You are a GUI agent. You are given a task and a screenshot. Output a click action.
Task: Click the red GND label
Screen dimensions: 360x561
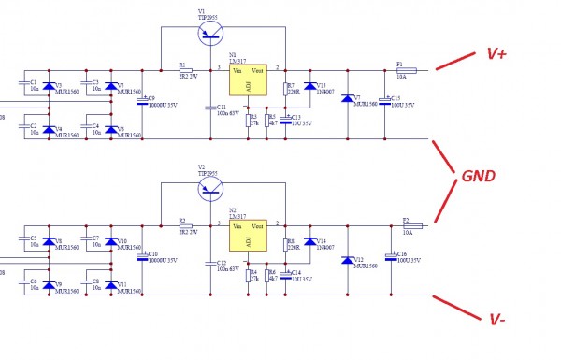[x=478, y=176]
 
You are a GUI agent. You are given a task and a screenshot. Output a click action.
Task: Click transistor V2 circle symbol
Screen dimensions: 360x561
[x=212, y=189]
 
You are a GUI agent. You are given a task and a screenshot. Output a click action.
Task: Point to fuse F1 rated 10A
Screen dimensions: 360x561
[x=410, y=70]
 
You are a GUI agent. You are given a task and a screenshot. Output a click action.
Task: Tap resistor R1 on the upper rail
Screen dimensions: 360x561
[x=185, y=70]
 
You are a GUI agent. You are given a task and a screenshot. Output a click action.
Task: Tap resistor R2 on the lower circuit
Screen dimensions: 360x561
[x=185, y=226]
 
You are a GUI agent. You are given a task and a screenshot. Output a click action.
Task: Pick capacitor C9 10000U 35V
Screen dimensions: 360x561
[x=142, y=101]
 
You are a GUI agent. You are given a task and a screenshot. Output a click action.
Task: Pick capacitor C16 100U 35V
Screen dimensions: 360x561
[x=391, y=255]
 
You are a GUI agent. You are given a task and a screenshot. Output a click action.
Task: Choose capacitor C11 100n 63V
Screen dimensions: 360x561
[x=209, y=108]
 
